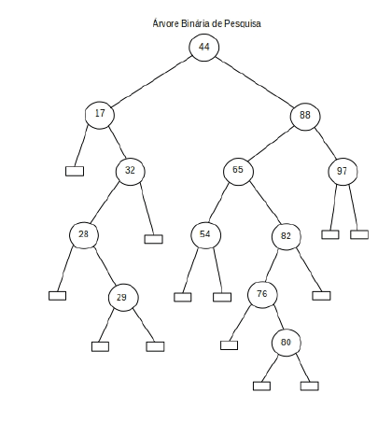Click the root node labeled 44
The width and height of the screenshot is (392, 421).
click(204, 47)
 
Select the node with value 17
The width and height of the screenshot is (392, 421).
click(100, 115)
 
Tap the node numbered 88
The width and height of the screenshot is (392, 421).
click(305, 117)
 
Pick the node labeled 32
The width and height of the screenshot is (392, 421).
click(131, 171)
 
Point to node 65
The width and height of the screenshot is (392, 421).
click(238, 171)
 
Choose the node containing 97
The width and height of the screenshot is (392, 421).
click(343, 172)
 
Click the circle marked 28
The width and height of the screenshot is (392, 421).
click(84, 234)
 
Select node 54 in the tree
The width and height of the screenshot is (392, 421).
click(205, 235)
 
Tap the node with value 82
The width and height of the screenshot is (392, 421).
click(287, 236)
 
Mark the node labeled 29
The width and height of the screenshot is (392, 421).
click(123, 298)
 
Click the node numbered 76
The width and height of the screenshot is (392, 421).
click(262, 294)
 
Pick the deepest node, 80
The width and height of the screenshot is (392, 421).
click(287, 343)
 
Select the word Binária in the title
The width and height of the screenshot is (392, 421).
click(192, 23)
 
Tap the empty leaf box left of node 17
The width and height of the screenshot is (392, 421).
click(75, 171)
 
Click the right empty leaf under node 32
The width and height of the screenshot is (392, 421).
click(154, 239)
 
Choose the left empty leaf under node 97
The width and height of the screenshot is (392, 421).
click(330, 234)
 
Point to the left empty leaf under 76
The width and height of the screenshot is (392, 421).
click(230, 345)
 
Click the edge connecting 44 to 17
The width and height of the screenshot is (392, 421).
click(151, 81)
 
